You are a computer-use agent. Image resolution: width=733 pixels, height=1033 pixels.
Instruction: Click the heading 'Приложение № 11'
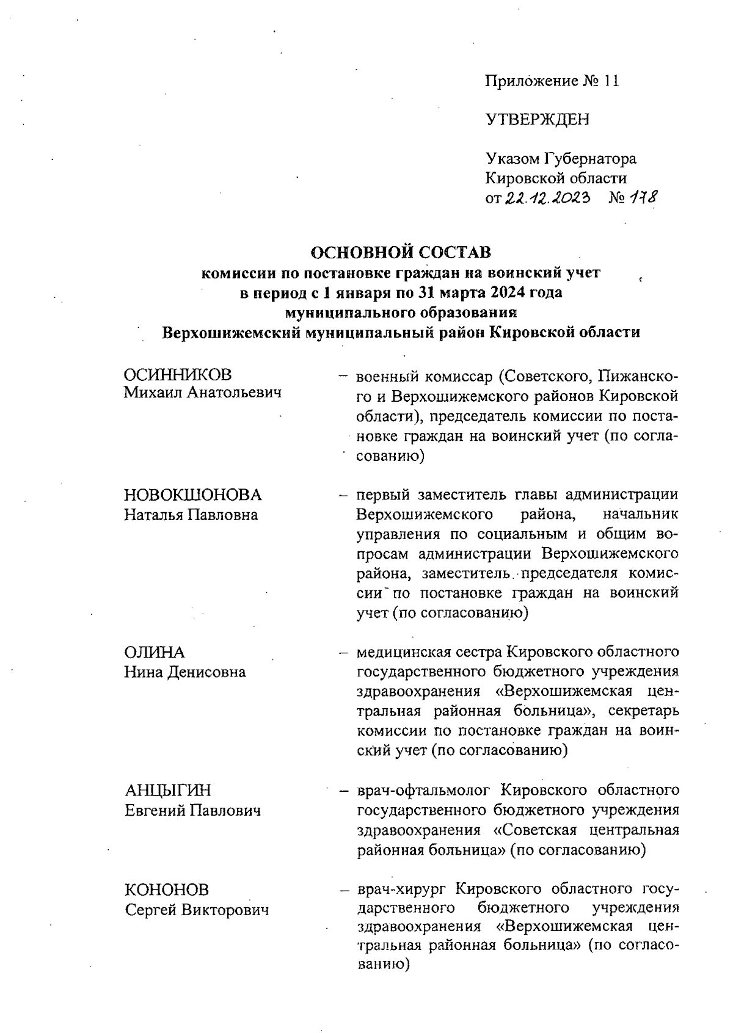552,81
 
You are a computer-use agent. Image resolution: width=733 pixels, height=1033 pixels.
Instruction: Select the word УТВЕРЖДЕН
538,120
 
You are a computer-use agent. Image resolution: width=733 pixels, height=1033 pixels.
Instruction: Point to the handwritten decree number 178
640,197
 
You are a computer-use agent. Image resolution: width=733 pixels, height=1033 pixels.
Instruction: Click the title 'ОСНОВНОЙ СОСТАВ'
401,252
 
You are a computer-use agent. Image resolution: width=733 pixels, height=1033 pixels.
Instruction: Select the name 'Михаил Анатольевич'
203,393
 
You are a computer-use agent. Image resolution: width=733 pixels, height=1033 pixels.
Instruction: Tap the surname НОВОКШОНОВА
193,495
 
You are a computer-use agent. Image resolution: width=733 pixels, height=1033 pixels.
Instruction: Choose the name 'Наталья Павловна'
191,515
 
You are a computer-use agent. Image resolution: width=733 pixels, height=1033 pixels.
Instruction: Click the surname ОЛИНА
155,652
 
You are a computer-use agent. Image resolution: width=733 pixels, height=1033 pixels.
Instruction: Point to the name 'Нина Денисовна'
185,672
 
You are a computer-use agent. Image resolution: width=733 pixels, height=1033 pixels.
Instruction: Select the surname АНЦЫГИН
168,791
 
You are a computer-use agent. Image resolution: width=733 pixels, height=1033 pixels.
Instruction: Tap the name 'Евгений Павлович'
193,811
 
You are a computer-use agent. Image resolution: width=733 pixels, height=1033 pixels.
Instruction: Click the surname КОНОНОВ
167,890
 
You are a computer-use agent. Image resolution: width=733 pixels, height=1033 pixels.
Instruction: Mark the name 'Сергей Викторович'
197,910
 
